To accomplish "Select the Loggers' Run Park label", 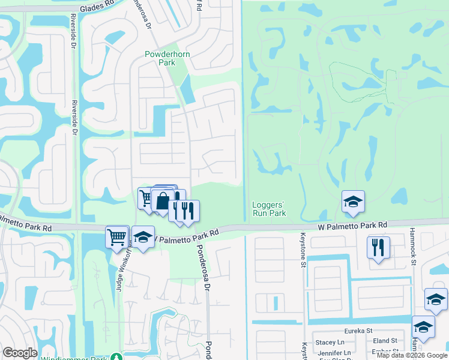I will [268, 209].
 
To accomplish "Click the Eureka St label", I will [358, 331].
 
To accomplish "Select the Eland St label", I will [385, 341].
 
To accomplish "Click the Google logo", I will [20, 353].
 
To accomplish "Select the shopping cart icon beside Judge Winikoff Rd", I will [117, 236].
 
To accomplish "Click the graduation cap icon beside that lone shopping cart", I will [143, 238].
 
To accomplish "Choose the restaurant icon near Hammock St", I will [378, 247].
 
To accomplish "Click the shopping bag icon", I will [163, 201].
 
